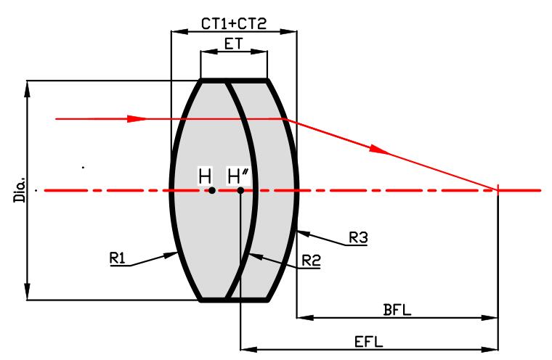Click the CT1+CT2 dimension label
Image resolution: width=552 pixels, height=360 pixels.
[x=233, y=24]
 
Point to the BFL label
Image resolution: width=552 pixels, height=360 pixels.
[x=397, y=310]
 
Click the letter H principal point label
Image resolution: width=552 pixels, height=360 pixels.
[x=206, y=176]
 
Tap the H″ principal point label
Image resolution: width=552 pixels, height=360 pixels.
[x=238, y=176]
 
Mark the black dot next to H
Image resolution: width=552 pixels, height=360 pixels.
[x=211, y=191]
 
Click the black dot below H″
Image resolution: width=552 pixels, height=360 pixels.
[x=240, y=191]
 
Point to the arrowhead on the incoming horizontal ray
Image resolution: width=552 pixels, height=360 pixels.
[x=137, y=118]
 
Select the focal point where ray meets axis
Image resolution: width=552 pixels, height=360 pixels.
[x=498, y=190]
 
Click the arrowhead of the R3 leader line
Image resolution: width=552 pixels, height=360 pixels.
[x=300, y=232]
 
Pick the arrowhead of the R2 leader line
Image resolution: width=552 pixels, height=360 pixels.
[x=249, y=255]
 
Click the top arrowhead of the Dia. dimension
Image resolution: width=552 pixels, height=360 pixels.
[x=28, y=85]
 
